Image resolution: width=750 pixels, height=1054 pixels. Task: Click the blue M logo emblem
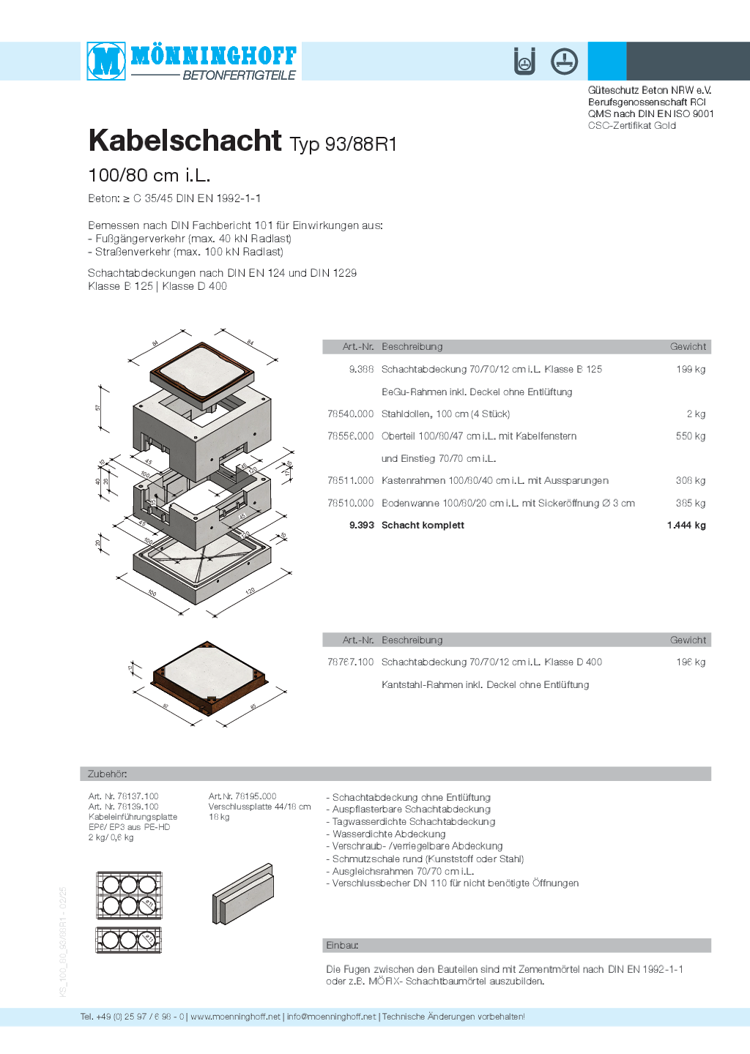point(106,61)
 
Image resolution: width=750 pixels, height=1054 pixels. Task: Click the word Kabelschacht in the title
point(185,141)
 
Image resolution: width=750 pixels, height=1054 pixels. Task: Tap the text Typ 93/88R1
point(343,144)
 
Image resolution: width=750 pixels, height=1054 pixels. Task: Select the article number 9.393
point(361,526)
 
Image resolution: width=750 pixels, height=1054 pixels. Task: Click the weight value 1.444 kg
point(686,526)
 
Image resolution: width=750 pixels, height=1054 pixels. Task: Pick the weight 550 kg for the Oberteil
point(690,436)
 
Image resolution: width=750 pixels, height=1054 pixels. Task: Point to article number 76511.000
point(350,481)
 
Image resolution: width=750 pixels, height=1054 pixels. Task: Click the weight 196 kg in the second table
point(690,662)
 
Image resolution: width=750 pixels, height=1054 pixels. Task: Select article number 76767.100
point(350,662)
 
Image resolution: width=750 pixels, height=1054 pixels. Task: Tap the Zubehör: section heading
point(108,774)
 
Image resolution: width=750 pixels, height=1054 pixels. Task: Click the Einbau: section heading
point(342,946)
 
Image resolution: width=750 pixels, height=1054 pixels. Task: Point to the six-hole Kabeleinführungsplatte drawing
point(129,895)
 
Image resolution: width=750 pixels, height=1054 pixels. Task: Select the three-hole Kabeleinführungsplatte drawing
point(129,940)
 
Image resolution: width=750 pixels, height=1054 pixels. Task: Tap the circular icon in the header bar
point(564,61)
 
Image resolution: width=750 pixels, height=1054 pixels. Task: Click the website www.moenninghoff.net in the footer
point(235,1017)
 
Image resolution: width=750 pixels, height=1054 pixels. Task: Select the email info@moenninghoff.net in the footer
point(331,1017)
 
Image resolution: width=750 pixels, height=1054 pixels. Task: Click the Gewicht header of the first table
point(688,347)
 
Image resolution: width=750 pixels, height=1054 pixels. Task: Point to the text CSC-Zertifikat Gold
point(631,126)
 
